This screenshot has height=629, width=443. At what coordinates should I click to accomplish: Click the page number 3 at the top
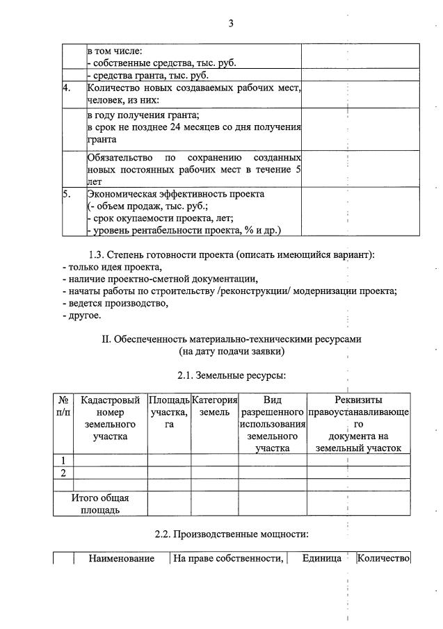[x=230, y=24]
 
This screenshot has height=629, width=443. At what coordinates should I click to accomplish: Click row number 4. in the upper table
[x=67, y=88]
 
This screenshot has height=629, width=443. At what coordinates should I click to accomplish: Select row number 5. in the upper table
[x=67, y=194]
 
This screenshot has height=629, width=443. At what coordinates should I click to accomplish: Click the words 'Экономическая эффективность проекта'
[x=176, y=194]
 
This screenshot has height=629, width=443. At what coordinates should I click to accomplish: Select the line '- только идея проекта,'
[x=112, y=267]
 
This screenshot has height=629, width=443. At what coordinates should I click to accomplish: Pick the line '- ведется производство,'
[x=115, y=303]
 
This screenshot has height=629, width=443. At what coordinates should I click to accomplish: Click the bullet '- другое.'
[x=81, y=316]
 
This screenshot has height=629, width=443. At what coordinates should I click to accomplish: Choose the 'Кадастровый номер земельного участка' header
[x=111, y=418]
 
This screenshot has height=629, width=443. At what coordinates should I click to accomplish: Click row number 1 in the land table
[x=63, y=460]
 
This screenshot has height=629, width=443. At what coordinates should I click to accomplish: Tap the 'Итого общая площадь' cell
[x=100, y=504]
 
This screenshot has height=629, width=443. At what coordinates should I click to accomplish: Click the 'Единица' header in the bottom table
[x=321, y=558]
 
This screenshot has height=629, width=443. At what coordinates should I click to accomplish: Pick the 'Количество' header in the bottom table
[x=383, y=558]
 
